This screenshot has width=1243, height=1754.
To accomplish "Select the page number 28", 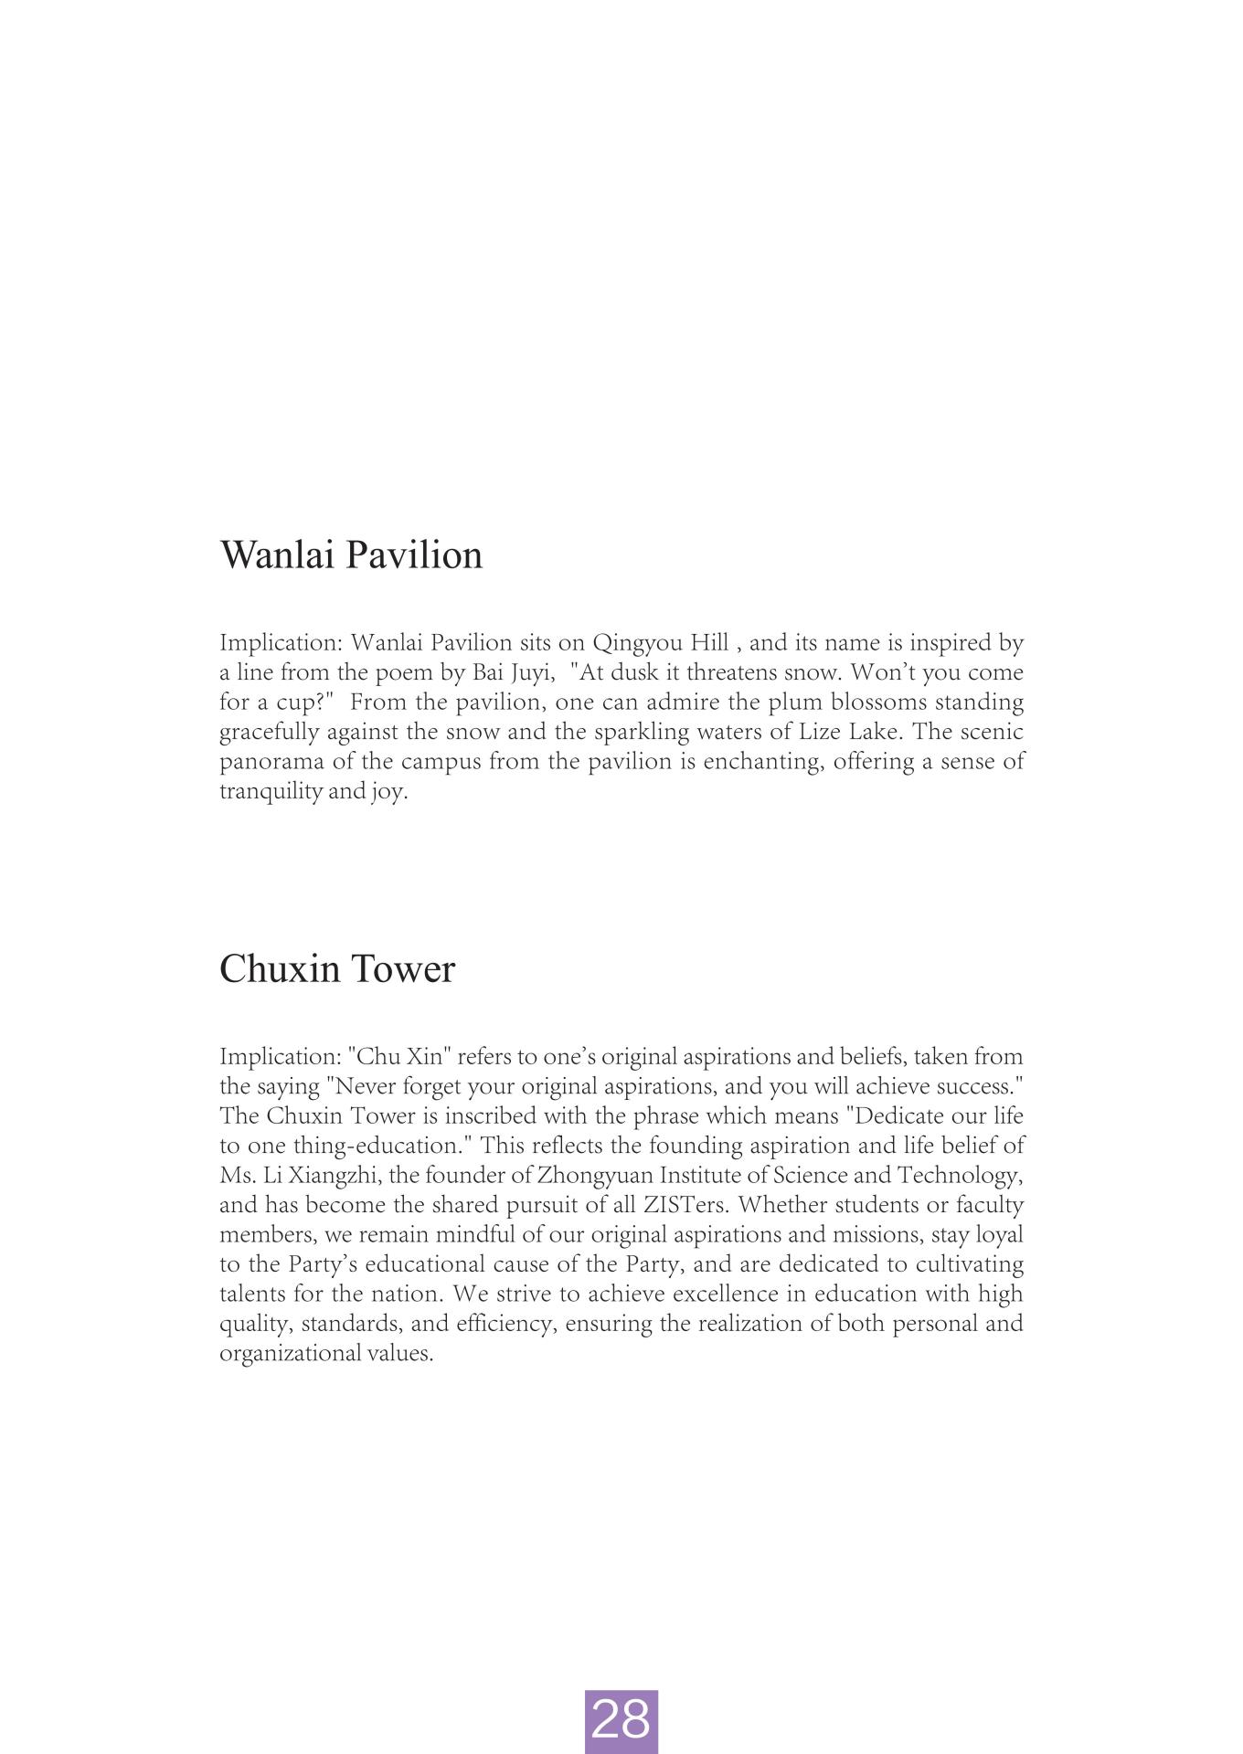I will (x=621, y=1719).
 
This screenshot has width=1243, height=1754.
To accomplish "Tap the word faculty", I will (x=989, y=1205).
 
